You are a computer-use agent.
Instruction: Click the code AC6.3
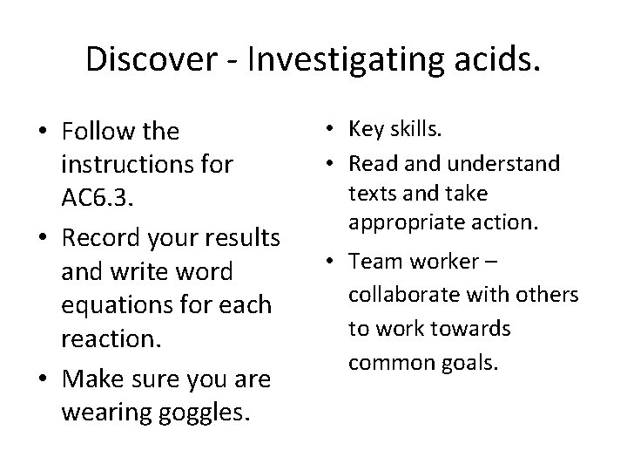pos(98,201)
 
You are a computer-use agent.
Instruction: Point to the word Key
pos(367,130)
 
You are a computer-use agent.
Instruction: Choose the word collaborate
pos(403,296)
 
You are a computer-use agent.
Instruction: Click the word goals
pos(473,362)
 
